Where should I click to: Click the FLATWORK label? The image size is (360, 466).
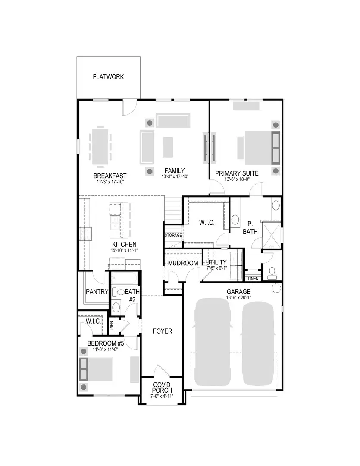coord(108,77)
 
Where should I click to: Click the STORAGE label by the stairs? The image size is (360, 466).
coord(173,236)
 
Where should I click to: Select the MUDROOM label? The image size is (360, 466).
coord(183,263)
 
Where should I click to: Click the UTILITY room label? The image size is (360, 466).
coord(216,263)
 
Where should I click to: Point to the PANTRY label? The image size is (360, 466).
coord(97,292)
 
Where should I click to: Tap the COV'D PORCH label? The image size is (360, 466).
coord(162,387)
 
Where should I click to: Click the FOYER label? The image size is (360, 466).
coord(163,331)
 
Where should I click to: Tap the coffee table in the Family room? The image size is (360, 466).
coord(168,147)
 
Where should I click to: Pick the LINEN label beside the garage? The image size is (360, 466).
coord(253,279)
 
